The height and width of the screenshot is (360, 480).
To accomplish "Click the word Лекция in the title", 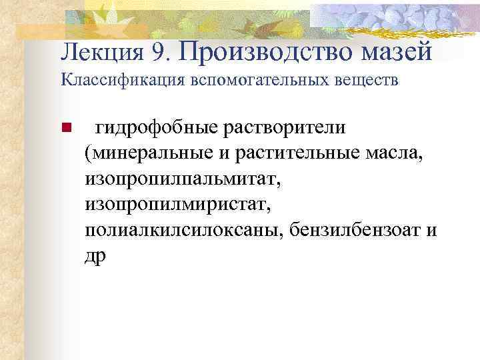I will (97, 52).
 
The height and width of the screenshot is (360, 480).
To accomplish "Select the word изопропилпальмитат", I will (179, 179).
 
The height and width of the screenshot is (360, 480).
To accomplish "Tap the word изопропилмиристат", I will (175, 205).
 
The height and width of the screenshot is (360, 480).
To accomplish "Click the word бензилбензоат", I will (354, 231).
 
